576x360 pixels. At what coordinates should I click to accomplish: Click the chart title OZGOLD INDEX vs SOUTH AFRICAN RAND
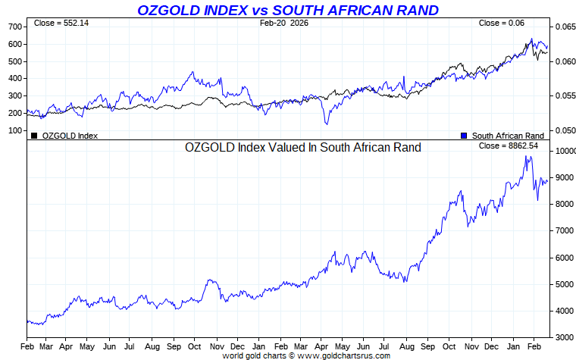coord(287,10)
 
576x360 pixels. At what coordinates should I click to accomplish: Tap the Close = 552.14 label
coord(61,23)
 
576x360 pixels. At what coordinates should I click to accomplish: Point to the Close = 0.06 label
coord(501,23)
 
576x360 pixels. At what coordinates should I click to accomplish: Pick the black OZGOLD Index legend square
coord(34,136)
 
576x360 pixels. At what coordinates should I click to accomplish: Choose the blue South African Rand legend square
coord(464,136)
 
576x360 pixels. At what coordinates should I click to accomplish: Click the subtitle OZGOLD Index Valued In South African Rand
coord(302,148)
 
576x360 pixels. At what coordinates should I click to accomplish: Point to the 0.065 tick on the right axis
coord(564,27)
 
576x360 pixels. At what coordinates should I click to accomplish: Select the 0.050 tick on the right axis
coord(564,130)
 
